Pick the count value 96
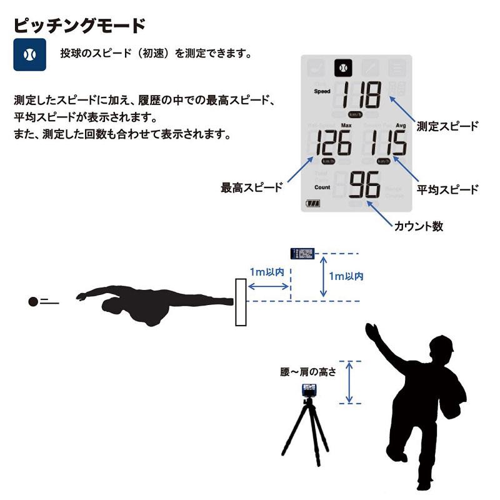coord(364,186)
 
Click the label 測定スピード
coord(447,126)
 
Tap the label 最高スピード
coord(252,187)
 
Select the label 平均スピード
coord(447,189)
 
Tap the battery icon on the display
coord(312,204)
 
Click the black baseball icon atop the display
coord(342,67)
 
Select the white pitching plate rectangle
coord(241,302)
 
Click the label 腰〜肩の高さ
coord(308,372)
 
